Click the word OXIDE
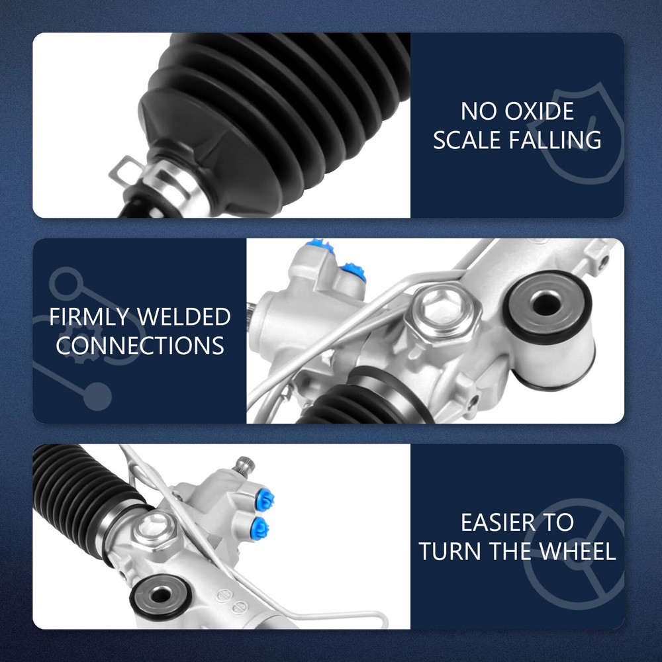click(x=539, y=111)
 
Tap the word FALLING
click(x=555, y=140)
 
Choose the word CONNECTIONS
click(x=140, y=346)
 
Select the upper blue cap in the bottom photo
click(x=266, y=500)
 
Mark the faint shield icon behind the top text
click(x=579, y=134)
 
